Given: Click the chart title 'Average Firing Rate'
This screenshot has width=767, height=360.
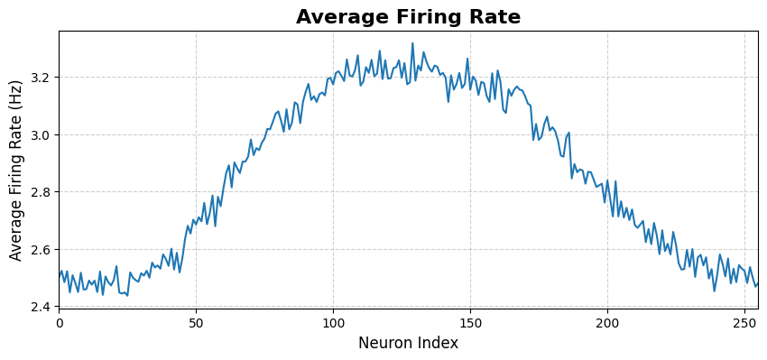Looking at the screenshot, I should coord(408,17).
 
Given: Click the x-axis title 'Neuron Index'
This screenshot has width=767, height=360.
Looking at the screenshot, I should coord(408,343).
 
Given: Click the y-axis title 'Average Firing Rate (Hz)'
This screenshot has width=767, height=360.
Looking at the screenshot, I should coord(16,170).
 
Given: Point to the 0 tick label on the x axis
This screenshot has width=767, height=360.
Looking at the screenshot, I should coord(60,322).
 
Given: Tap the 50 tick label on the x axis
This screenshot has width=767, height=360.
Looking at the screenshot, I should coord(197,322).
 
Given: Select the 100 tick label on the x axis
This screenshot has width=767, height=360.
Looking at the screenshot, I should coord(333,322).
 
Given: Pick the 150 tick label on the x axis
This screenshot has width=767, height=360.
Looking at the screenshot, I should coord(470,322).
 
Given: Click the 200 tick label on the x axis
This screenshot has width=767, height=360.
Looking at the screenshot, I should coord(607,322).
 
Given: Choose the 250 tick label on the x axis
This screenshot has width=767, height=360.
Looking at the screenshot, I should coord(744,322).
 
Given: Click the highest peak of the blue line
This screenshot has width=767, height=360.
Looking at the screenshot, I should coord(412,43).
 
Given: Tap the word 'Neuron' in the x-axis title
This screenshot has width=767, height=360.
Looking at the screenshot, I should coord(386,343).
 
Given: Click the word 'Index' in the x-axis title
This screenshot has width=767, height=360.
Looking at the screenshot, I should coord(438,343).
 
